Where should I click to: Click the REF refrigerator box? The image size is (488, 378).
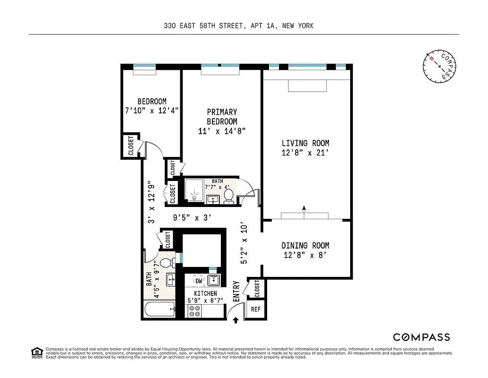point(255,309)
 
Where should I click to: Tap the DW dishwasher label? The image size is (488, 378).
point(199,281)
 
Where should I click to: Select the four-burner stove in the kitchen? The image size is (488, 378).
point(194,310)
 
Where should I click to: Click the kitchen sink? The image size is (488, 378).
point(214,280)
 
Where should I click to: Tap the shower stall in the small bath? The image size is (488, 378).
point(194,191)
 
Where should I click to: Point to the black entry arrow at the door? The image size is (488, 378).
point(236,321)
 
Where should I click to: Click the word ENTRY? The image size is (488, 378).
point(236,291)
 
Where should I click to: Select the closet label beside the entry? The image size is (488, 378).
point(257,289)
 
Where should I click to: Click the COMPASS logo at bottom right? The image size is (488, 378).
point(421,337)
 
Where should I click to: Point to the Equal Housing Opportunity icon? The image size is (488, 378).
point(36,352)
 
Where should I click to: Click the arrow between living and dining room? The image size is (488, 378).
point(304,208)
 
